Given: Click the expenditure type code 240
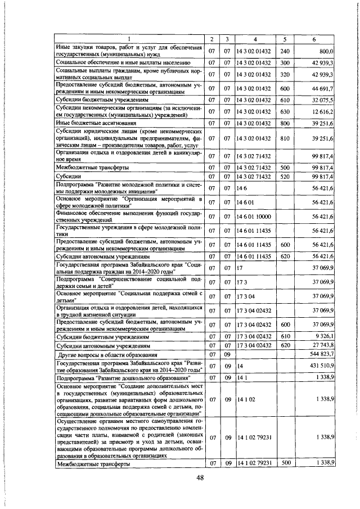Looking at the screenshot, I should point(285,51).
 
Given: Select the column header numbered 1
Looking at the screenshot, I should point(128,38).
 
